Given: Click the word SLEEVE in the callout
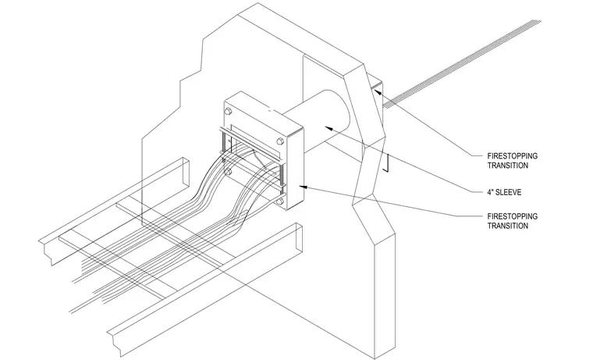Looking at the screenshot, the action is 508,192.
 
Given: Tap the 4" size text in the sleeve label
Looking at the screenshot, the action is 490,192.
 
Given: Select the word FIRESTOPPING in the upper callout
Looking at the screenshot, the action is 512,156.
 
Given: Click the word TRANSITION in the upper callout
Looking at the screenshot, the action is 507,166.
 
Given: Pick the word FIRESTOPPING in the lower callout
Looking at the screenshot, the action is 512,216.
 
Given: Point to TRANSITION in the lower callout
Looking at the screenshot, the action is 507,226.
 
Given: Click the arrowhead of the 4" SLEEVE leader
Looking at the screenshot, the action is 330,128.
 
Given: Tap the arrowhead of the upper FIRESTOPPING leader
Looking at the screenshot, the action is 378,91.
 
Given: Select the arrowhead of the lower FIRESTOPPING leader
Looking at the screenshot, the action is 304,186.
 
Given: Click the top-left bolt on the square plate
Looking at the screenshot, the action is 228,112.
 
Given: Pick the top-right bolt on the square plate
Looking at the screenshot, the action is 280,141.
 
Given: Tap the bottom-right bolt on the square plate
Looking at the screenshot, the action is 280,201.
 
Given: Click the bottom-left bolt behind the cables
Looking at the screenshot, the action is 228,172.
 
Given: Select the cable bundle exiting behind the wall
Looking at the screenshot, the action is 461,63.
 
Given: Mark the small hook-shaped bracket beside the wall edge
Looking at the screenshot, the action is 385,162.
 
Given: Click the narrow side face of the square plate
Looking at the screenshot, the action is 295,169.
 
